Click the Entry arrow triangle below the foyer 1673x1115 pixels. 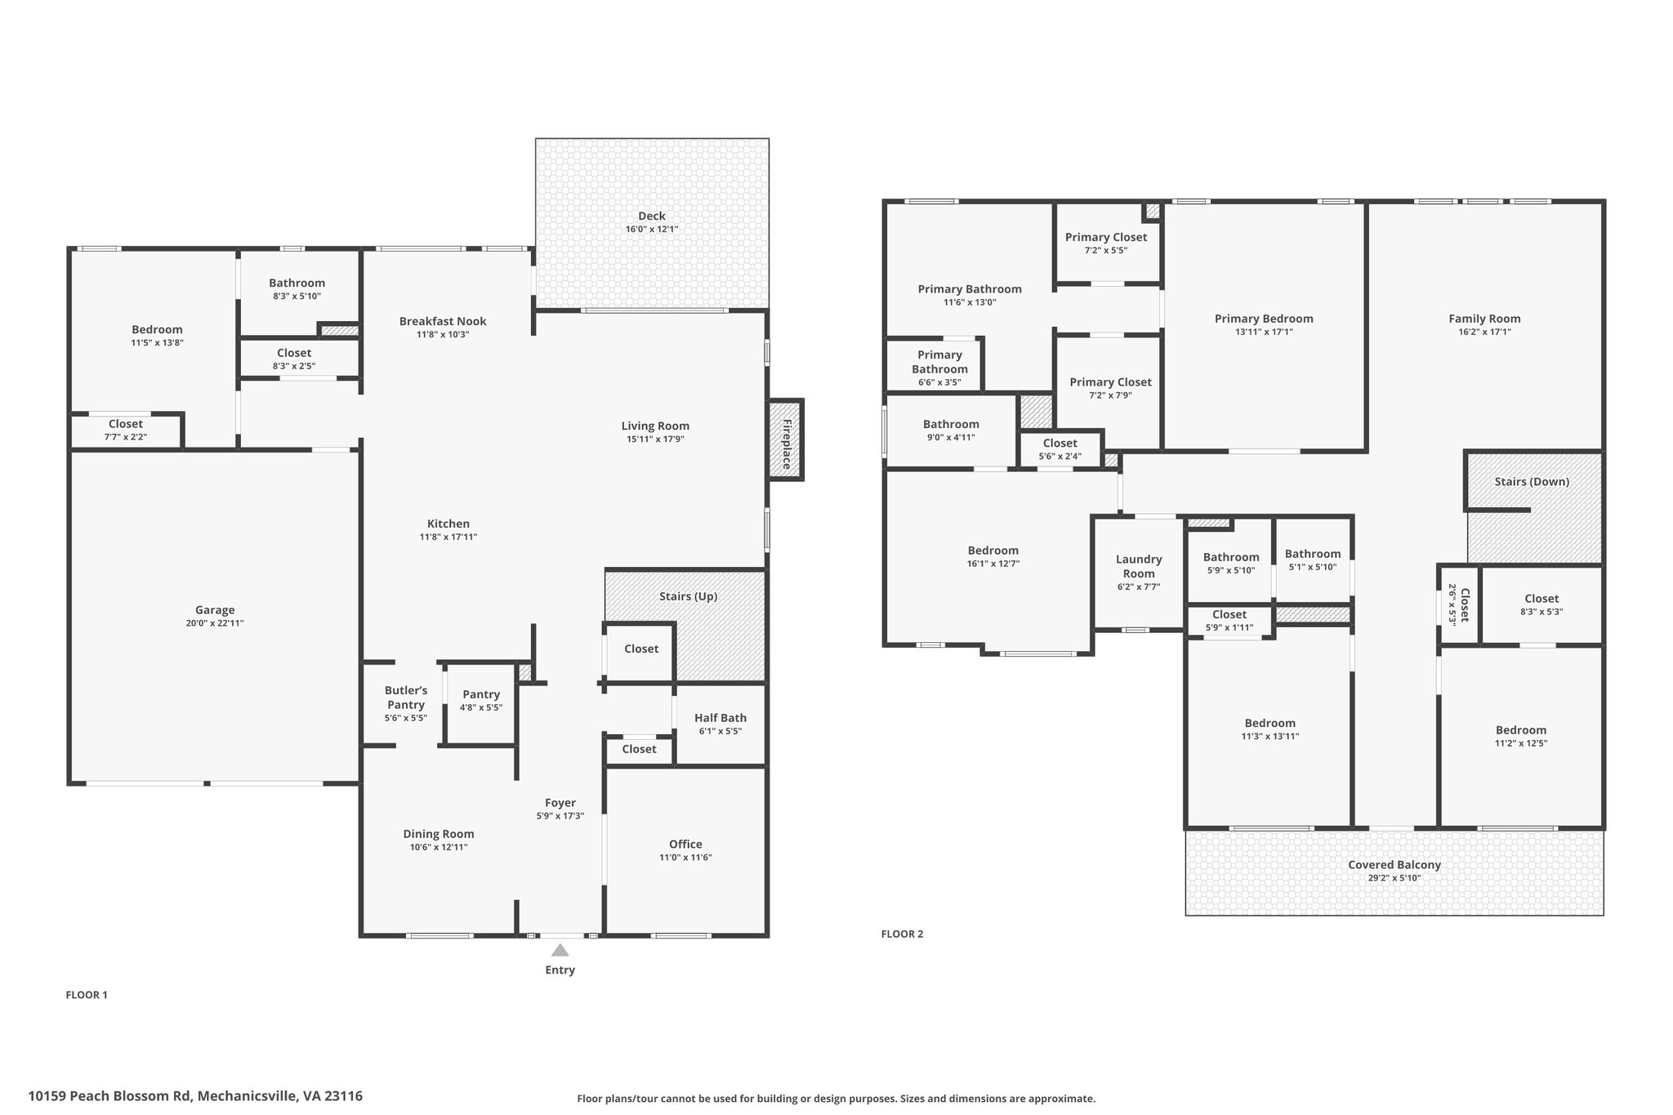click(560, 950)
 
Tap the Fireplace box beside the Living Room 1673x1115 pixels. click(785, 439)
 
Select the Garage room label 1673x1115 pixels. click(215, 609)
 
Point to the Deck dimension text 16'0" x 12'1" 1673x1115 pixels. click(652, 230)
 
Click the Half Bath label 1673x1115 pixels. click(721, 717)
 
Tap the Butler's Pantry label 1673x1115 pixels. click(406, 698)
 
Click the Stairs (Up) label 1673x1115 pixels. click(689, 596)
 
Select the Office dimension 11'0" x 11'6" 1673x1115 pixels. click(685, 858)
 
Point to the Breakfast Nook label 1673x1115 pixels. click(443, 321)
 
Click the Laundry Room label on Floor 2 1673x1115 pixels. click(1139, 566)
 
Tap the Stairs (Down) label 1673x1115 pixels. click(1532, 481)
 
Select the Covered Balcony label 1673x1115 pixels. click(1394, 864)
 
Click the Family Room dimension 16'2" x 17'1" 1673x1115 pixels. click(1484, 332)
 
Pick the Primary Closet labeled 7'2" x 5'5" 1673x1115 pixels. click(1106, 243)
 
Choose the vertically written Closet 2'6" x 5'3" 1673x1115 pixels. click(1459, 604)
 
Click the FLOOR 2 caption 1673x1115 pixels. click(902, 934)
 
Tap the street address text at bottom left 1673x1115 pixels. click(195, 1095)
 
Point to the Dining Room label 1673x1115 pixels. click(439, 834)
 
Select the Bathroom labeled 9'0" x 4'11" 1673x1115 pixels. click(951, 430)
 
